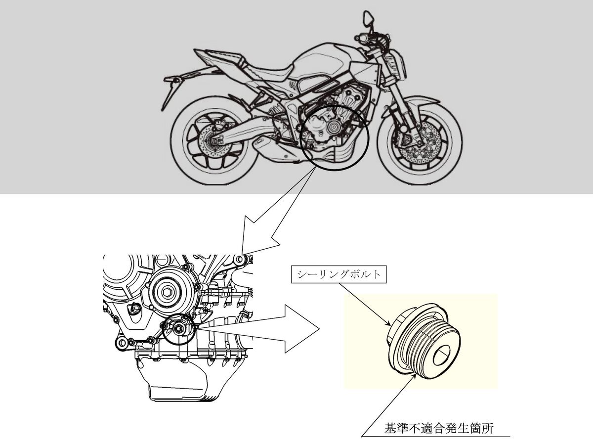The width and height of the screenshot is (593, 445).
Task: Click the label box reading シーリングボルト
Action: coord(339,275)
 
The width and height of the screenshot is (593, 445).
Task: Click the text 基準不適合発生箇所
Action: coord(439,429)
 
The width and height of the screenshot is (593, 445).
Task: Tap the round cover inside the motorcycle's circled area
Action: coord(334,127)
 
